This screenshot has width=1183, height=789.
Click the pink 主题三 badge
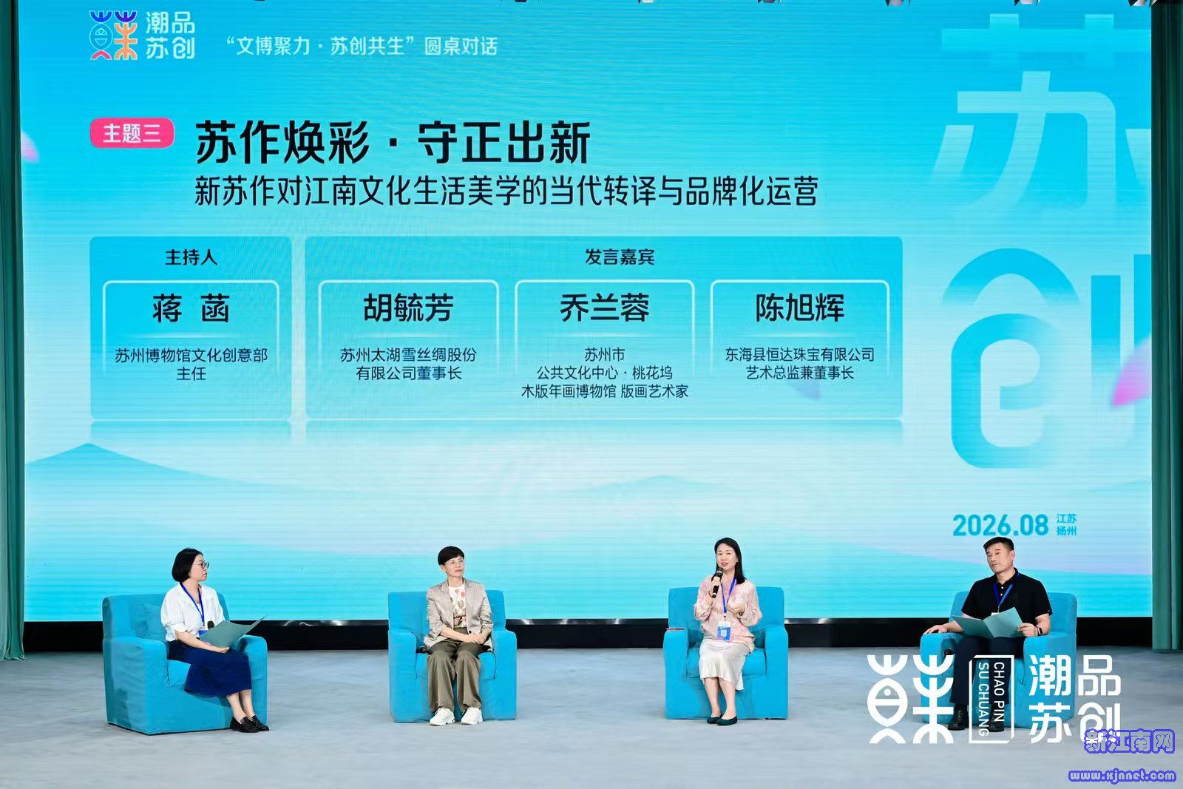132,132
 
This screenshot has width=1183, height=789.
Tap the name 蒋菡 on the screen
191,308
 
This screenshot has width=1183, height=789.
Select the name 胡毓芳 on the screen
408,308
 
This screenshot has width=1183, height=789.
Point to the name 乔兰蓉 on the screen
604,308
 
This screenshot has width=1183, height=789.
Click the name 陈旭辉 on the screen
800,308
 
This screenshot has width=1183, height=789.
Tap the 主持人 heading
191,257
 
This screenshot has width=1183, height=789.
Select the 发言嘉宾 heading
620,257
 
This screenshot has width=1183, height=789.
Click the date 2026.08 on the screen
1000,526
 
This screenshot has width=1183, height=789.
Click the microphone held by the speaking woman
716,582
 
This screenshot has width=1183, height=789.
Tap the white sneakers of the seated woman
455,716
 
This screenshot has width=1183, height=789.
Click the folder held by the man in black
987,623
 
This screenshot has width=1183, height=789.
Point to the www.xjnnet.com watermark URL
1122,775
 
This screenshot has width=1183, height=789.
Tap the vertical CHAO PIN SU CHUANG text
992,699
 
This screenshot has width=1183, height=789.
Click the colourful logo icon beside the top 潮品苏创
114,35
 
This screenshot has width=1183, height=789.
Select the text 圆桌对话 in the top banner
461,47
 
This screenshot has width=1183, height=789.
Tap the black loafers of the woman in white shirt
249,723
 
